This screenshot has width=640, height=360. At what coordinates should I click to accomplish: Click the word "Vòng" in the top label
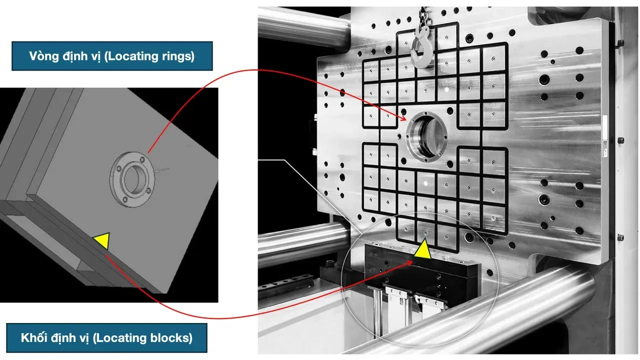43,56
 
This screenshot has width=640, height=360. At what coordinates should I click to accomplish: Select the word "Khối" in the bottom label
33,338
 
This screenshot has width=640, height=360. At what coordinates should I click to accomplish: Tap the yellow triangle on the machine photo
422,249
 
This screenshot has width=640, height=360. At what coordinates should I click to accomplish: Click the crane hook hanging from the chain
421,45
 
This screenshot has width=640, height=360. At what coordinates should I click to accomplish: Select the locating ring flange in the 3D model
132,179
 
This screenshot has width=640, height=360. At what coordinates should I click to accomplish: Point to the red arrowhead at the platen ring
402,117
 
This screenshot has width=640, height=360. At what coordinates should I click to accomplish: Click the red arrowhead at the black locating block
409,262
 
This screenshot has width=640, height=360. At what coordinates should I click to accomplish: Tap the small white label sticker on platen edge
605,148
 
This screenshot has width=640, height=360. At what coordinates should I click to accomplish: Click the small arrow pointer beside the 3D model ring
161,170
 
